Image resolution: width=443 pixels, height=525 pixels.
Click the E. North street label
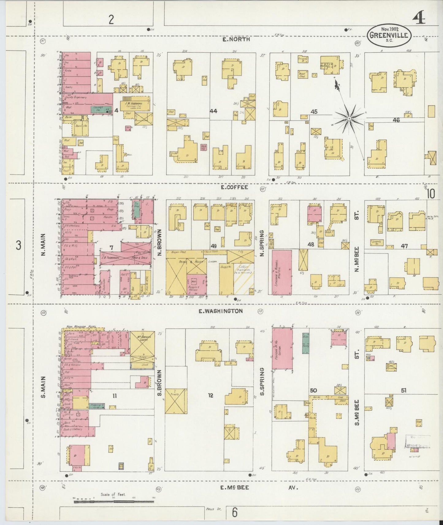pos(236,39)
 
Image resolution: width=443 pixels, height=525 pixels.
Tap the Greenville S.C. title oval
pos(388,35)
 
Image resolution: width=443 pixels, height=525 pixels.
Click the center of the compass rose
pos(349,118)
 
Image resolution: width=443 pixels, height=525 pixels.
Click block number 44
pos(213,111)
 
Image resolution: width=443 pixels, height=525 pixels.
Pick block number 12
pos(210,395)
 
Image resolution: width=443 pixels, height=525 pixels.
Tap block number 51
pos(404,390)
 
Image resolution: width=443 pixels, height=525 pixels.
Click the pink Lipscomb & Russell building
pos(282,272)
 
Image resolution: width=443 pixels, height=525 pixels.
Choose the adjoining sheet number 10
pos(430,194)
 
